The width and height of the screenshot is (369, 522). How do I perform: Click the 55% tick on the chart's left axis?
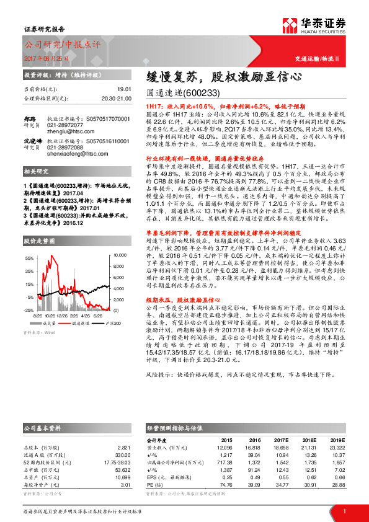[29, 257]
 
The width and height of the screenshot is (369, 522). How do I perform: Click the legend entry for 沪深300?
[102, 323]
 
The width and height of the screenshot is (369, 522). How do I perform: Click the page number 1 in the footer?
[344, 511]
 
